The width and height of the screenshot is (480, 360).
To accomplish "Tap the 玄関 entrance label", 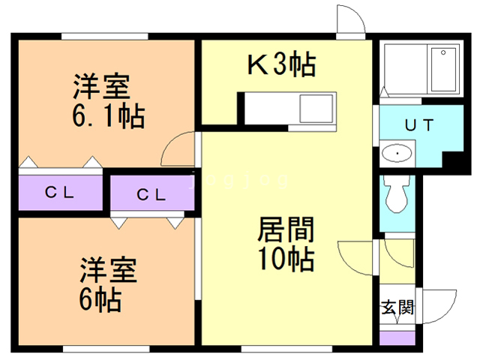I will [x=396, y=307].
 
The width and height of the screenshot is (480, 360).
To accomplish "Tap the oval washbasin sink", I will [x=395, y=154].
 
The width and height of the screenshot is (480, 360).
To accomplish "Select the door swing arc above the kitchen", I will [x=349, y=18].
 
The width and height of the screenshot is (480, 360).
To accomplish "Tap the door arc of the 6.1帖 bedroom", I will [x=178, y=147].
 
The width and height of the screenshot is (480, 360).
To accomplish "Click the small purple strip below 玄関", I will [x=396, y=337].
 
